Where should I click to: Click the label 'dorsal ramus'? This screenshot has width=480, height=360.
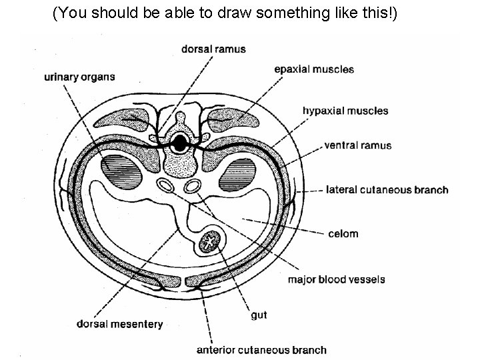coord(213,49)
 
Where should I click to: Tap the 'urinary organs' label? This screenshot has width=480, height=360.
coord(79,77)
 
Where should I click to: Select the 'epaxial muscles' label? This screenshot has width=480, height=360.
coord(315,69)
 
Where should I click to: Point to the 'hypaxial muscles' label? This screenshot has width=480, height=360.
coord(345,111)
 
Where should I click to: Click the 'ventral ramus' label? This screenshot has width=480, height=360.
coord(357,145)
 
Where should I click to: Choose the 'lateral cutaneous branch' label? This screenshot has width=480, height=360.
coord(387,190)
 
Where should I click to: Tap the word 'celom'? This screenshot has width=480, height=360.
coord(343,233)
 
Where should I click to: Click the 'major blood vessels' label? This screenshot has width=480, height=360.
coord(336,279)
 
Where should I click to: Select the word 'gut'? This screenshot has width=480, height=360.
coord(259,315)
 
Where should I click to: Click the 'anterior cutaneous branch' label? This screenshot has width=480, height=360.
coord(261,349)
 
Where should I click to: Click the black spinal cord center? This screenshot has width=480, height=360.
coord(180,142)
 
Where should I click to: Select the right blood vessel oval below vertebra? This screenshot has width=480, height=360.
coord(194,186)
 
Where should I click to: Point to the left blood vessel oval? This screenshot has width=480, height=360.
coord(165,185)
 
